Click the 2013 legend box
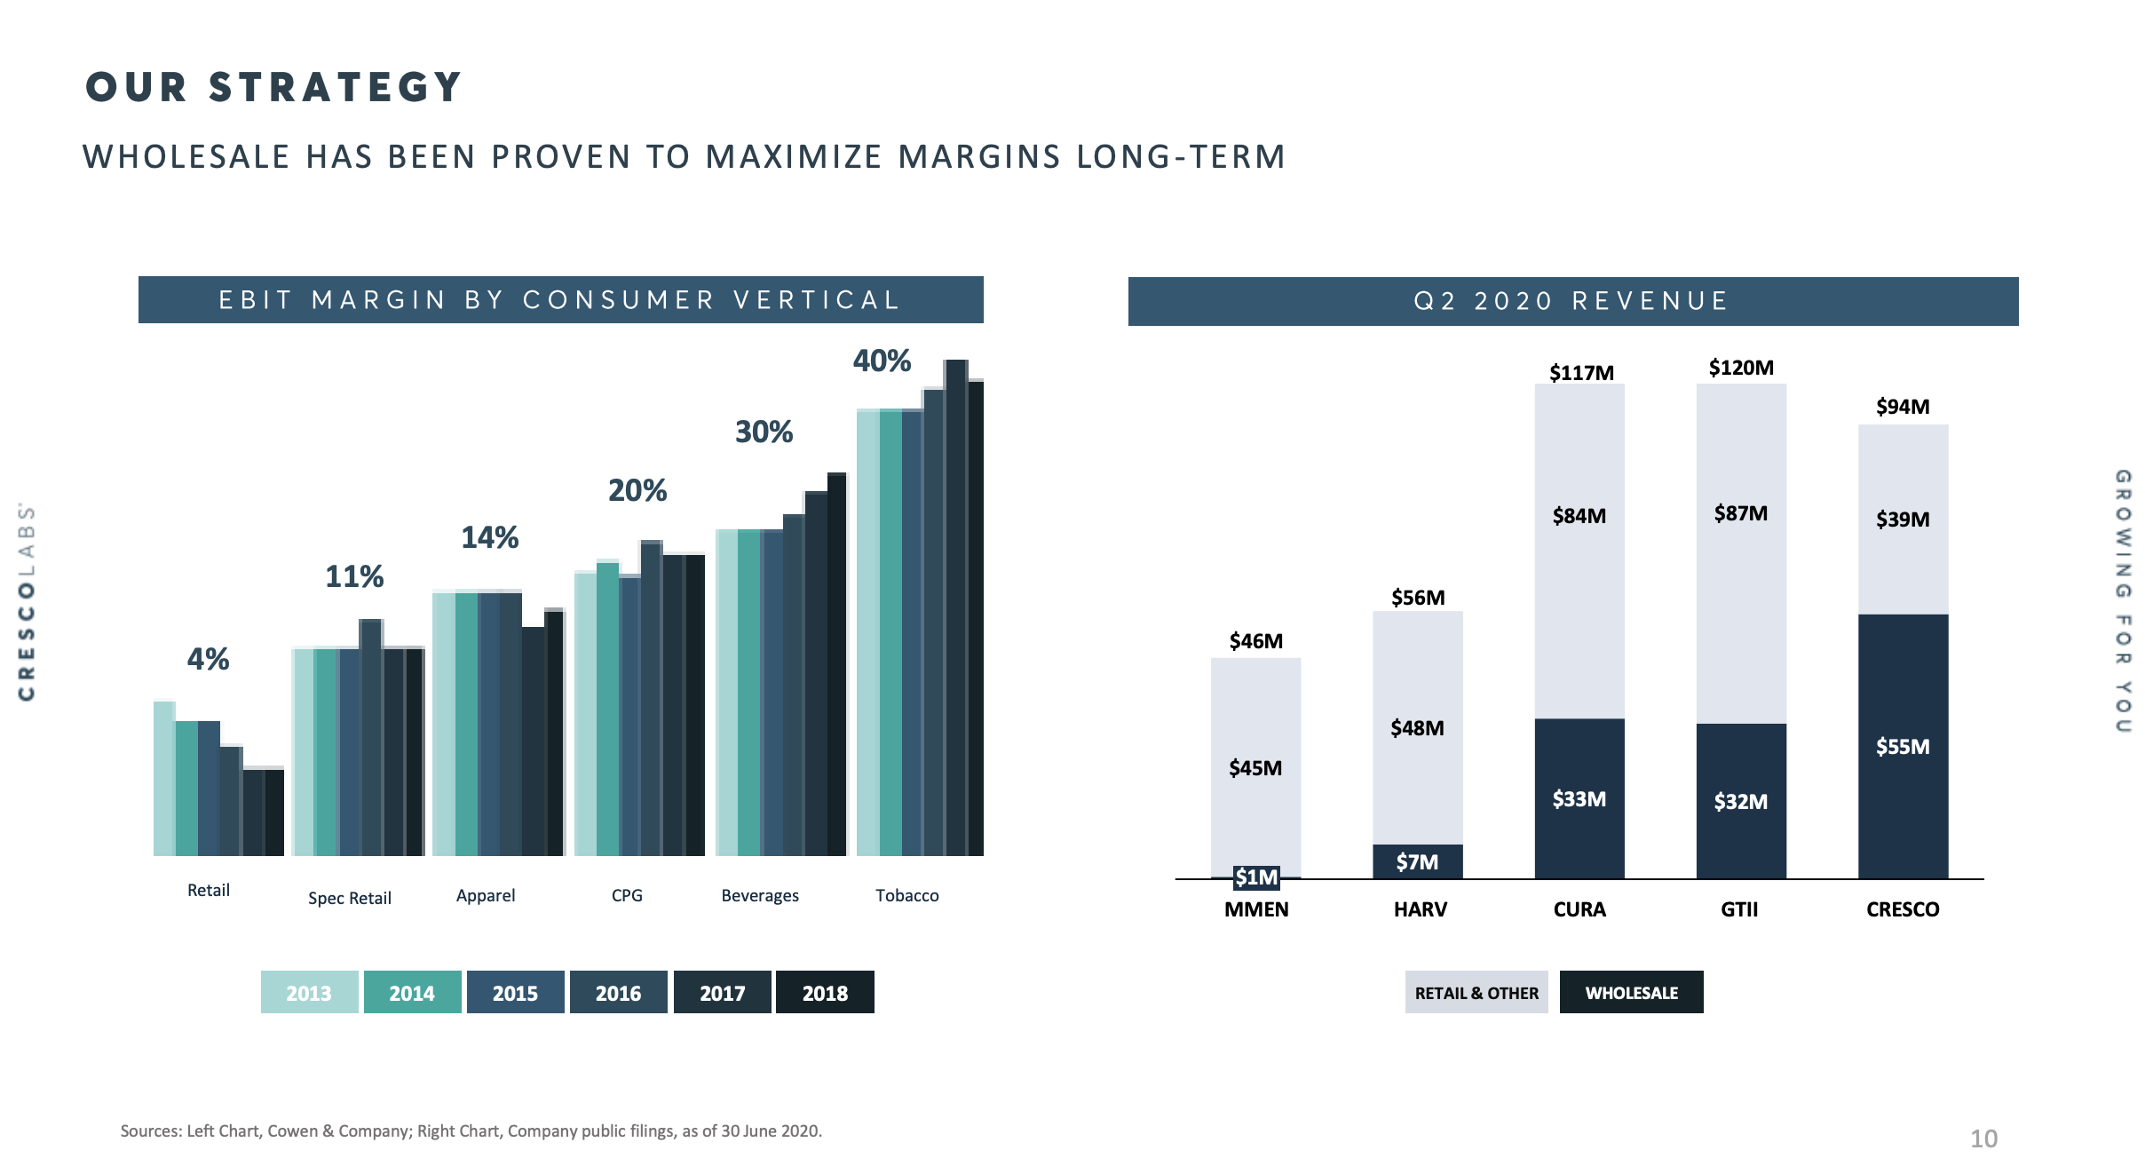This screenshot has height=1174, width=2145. (309, 992)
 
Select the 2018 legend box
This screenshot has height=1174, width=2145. (825, 992)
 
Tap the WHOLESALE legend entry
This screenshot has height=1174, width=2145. (1631, 992)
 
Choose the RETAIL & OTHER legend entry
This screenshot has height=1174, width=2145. (1476, 992)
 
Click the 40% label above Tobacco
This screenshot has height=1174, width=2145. (882, 361)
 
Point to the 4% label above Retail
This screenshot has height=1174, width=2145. (208, 659)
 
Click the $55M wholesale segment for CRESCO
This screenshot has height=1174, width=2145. (1903, 746)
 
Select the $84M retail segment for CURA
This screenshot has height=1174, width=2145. (1579, 516)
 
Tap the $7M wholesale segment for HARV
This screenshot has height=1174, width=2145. (1417, 861)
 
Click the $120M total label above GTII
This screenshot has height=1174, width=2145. (1740, 368)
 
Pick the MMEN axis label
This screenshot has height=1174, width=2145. (1255, 909)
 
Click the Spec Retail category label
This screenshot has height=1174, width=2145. (349, 898)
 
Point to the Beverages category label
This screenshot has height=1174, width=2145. (760, 895)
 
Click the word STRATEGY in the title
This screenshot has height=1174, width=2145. (336, 87)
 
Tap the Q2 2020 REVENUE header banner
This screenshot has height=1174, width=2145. (1571, 301)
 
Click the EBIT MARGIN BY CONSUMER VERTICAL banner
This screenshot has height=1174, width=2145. (560, 300)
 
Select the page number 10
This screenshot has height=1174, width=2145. (1983, 1138)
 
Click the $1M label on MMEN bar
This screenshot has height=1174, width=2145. (1256, 877)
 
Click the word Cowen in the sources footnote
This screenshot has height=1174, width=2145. (292, 1130)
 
